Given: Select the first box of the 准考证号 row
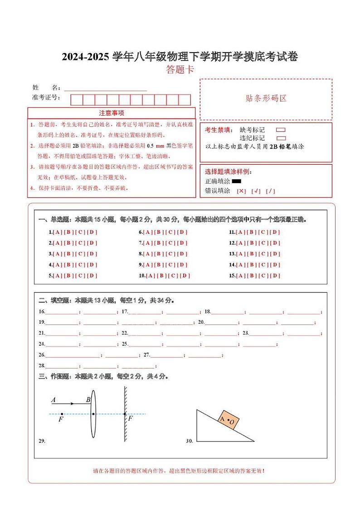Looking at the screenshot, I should coord(76,100).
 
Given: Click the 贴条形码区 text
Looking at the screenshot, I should coord(266,98).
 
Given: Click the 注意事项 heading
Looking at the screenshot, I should coord(112,113).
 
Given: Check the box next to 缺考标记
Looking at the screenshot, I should coord(281,130).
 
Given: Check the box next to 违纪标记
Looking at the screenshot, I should coord(281,138).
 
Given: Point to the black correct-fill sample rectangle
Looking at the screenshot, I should coord(236,181).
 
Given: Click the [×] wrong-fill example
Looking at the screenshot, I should coord(241,191).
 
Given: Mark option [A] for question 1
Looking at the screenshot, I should coord(57,232).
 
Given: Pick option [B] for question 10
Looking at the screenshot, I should coord(162,276).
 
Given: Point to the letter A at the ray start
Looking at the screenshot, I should coord(54,400).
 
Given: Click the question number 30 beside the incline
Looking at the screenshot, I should coord(189,441).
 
